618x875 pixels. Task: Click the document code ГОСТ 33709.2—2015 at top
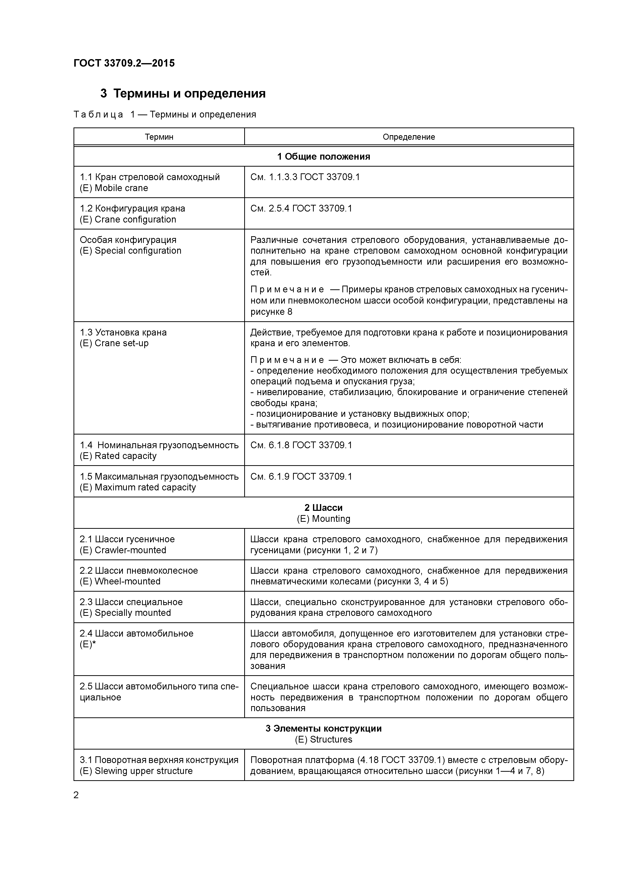[x=124, y=63]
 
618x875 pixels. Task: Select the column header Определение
[x=409, y=137]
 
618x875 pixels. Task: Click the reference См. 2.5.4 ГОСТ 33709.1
[x=301, y=209]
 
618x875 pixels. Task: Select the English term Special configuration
[x=138, y=251]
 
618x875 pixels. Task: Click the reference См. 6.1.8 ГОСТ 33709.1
[x=301, y=445]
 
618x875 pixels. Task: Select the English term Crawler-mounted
[x=130, y=550]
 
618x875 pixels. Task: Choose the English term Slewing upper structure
[x=144, y=771]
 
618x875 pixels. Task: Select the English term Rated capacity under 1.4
[x=126, y=456]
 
